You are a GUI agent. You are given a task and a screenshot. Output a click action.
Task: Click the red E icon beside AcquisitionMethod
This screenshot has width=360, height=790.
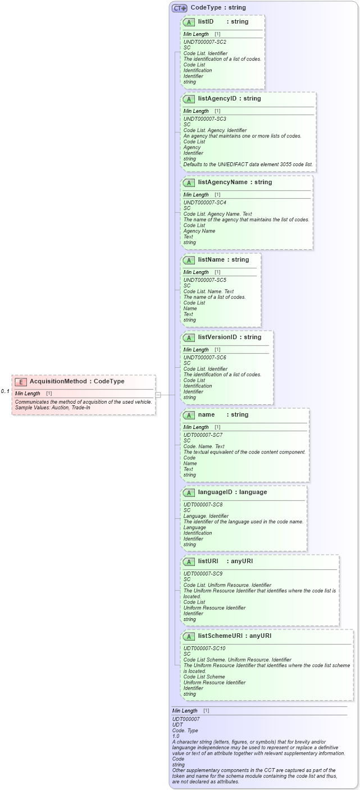[21, 382]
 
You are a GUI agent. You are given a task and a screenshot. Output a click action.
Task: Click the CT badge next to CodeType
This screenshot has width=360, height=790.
[179, 8]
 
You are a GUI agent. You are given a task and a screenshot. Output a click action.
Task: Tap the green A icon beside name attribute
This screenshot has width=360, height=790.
[189, 415]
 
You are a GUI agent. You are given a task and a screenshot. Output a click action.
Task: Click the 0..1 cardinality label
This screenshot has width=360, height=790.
[5, 391]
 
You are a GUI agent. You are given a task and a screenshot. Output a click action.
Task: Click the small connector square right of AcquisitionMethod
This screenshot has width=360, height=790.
[158, 395]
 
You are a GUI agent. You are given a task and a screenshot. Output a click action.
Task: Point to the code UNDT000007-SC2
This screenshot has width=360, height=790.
[204, 42]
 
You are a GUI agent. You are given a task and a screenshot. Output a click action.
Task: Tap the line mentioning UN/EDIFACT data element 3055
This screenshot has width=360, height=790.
[248, 165]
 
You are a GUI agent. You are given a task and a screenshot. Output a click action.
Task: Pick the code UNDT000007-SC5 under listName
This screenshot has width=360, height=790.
[204, 280]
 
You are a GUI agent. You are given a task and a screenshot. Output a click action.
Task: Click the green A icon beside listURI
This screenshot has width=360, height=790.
[189, 561]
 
